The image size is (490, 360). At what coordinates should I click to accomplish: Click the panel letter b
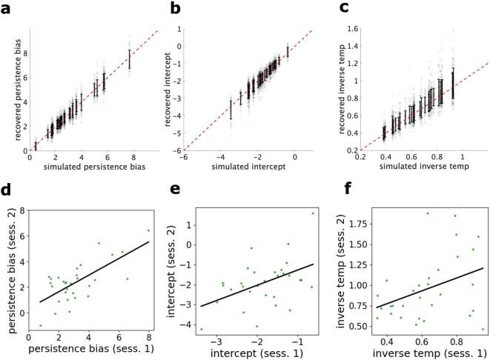point(175,9)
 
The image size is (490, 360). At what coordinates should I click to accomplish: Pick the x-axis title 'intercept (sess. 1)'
point(256,353)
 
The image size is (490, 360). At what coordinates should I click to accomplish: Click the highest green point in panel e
point(313,213)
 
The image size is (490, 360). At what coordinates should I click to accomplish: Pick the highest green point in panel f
point(427,213)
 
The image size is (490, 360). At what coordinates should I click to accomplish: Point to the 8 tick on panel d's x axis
point(148,342)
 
